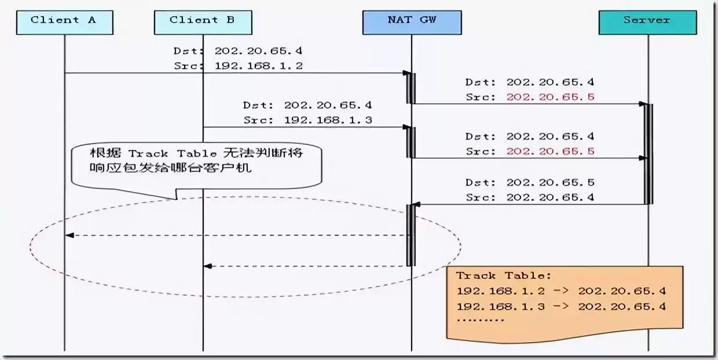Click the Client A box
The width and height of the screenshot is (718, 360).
coord(64,21)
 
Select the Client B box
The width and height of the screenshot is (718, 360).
coord(203,21)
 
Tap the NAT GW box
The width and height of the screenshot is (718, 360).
coord(412,21)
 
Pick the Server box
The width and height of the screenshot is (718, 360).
coord(647,21)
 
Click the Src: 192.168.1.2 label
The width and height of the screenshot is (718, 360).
coord(238,66)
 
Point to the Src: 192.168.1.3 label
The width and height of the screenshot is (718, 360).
coord(307,120)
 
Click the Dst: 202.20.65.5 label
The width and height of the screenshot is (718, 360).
coord(530,182)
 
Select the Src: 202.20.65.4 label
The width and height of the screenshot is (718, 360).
coord(530,197)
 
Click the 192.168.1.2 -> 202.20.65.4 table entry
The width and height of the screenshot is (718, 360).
coord(561,291)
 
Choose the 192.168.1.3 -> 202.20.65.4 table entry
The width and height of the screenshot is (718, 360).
coord(561,306)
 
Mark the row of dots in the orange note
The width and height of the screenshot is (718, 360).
coord(480,319)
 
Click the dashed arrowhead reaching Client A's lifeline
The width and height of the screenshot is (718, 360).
coord(69,235)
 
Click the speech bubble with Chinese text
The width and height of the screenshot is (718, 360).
coord(196,164)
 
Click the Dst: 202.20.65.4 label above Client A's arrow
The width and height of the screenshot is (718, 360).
coord(238,52)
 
